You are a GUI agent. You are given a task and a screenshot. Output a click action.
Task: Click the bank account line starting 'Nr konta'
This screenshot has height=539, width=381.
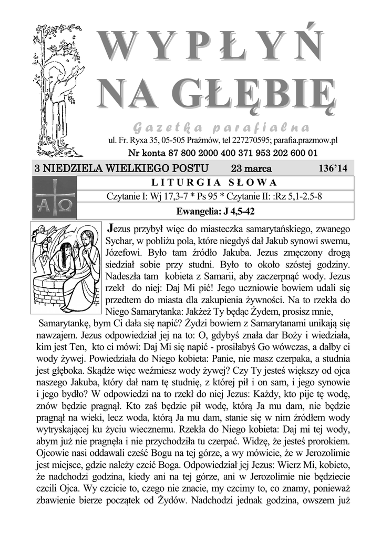[222, 153]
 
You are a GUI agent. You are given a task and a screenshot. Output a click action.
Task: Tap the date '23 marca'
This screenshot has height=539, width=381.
[251, 168]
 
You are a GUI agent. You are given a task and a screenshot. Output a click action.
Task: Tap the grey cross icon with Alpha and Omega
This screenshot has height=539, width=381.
[54, 197]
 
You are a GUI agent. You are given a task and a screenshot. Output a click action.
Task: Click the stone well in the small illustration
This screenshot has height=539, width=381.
[50, 287]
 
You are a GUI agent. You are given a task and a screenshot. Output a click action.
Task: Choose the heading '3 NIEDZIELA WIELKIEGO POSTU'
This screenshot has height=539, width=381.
[121, 168]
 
